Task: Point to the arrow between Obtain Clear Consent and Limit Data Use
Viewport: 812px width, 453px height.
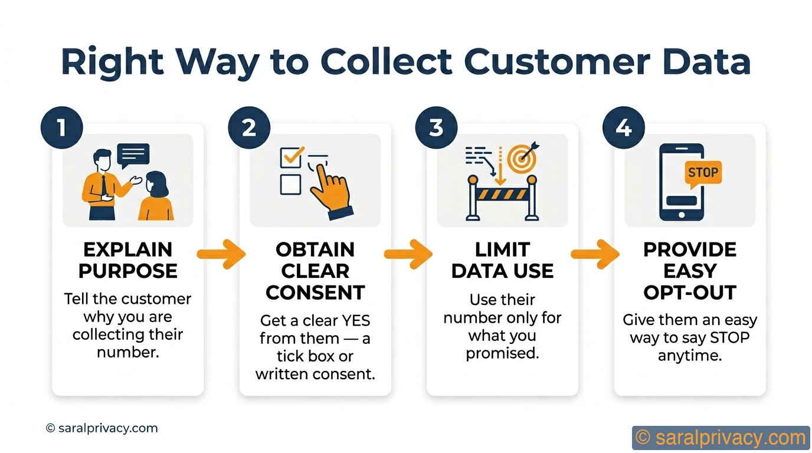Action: pos(408,254)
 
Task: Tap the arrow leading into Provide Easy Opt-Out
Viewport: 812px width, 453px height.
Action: pos(595,254)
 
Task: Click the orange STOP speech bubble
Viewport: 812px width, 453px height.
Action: pos(702,173)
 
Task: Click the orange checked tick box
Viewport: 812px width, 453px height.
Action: pos(292,157)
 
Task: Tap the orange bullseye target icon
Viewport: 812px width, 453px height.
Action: pos(523,157)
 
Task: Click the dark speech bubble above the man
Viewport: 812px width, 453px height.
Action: pos(133,155)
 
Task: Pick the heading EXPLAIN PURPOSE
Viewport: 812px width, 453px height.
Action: pos(127,260)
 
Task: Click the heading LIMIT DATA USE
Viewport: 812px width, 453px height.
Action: pos(502,260)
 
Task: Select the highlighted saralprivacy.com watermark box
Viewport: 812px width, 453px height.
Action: pos(721,438)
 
